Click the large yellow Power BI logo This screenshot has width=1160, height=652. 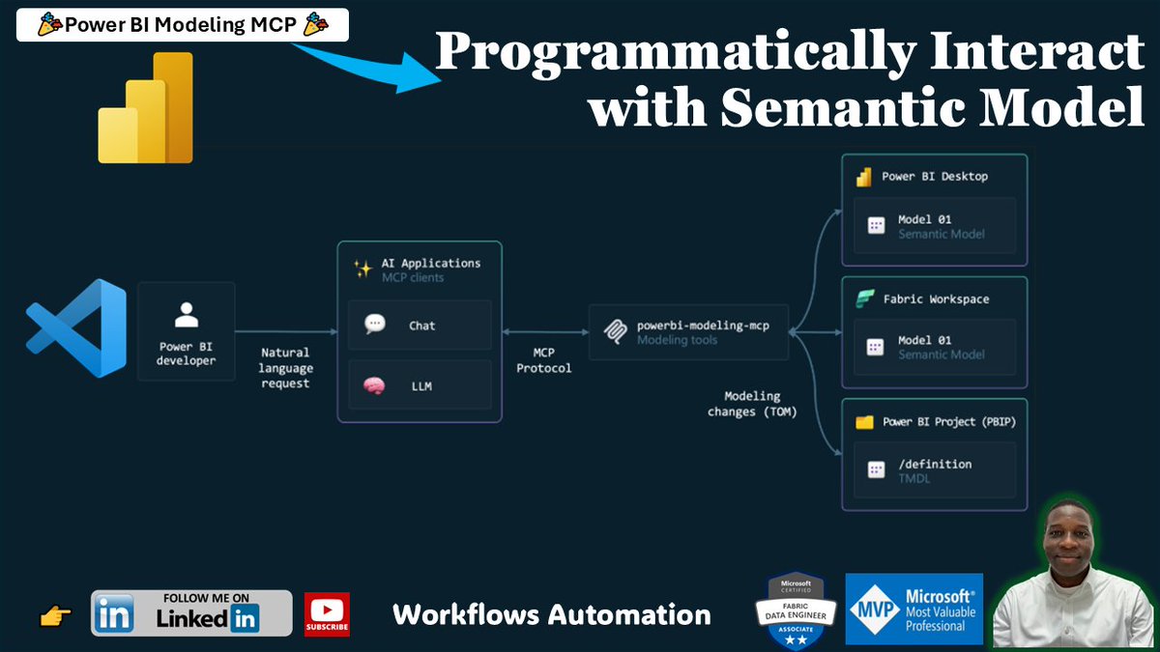(146, 108)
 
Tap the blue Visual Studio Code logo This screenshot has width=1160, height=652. (76, 327)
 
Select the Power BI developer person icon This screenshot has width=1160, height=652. (186, 316)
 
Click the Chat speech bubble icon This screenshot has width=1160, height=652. (375, 325)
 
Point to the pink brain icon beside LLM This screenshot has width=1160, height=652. (374, 386)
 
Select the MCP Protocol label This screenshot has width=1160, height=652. (543, 360)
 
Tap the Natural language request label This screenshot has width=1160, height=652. (285, 368)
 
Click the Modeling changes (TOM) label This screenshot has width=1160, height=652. (752, 404)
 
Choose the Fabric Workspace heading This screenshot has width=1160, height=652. (936, 299)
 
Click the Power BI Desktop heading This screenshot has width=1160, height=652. (935, 177)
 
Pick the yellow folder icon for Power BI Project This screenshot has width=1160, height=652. (864, 422)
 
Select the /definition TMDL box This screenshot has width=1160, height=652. (933, 470)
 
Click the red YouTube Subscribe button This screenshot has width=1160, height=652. (327, 614)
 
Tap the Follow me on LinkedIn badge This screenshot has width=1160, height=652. (191, 613)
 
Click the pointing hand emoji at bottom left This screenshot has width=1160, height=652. (56, 616)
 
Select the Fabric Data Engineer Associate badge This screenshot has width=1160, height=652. (795, 610)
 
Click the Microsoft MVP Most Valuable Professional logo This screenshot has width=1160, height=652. (913, 609)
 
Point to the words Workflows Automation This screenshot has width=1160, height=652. (551, 614)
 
